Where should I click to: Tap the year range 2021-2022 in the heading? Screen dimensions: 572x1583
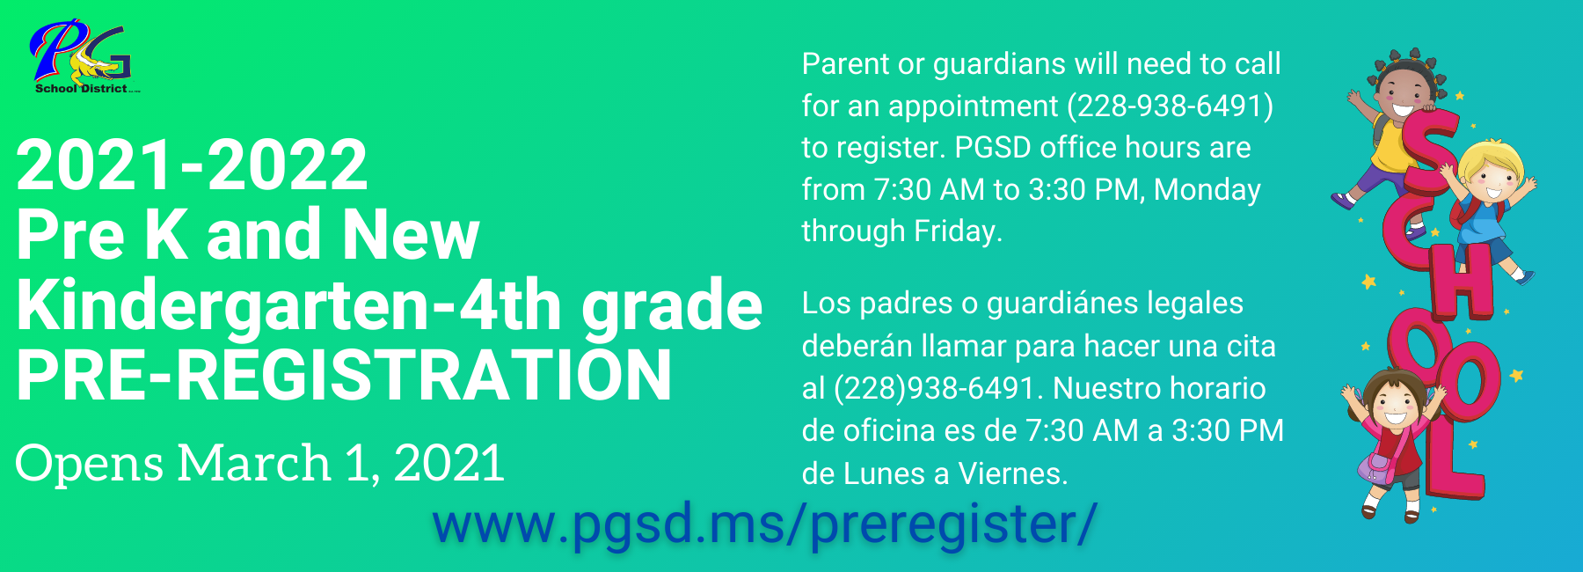[192, 165]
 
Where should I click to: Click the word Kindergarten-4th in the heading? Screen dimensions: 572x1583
[288, 305]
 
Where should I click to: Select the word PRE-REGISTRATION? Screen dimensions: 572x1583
[344, 376]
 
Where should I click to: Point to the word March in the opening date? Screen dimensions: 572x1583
[253, 463]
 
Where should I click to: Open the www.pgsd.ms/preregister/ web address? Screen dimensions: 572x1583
[764, 524]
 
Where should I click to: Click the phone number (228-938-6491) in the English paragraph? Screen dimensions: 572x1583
[1170, 106]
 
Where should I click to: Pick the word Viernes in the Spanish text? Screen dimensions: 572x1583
[1012, 473]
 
